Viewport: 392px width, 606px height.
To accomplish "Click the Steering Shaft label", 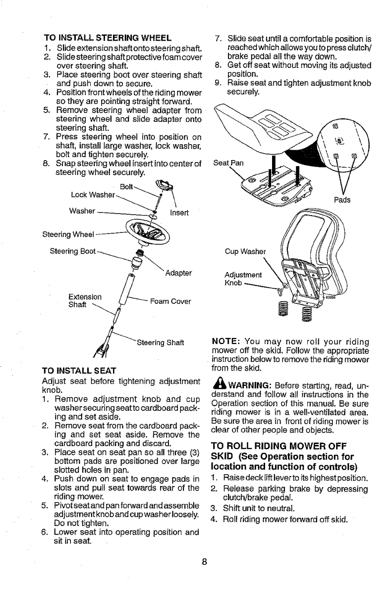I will click(160, 342).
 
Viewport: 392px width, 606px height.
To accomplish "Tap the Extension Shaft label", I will click(86, 301).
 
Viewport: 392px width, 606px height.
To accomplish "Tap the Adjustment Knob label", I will click(243, 278).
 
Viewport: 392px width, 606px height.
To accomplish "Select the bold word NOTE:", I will click(226, 342).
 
